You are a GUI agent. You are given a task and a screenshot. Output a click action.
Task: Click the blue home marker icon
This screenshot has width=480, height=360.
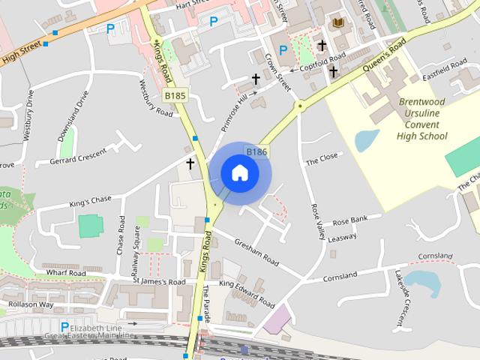click(x=239, y=173)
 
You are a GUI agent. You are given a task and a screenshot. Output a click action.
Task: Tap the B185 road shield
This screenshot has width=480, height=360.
click(x=175, y=96)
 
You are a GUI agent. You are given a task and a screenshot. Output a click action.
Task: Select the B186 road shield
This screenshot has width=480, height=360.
click(x=256, y=152)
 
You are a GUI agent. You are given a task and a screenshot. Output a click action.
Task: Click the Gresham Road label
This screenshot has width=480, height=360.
click(x=256, y=253)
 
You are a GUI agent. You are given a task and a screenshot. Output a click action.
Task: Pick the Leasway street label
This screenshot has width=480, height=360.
click(x=342, y=238)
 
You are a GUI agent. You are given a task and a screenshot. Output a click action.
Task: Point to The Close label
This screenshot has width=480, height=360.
click(x=322, y=159)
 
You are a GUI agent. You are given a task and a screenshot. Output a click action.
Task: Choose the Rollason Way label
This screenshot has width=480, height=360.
click(x=31, y=304)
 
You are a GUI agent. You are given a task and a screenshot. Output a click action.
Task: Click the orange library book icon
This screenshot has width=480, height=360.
click(x=338, y=24)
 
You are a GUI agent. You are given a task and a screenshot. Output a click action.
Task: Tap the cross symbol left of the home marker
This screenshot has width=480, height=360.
click(x=190, y=163)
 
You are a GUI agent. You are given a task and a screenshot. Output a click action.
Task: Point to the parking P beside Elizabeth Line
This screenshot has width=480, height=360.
click(x=64, y=328)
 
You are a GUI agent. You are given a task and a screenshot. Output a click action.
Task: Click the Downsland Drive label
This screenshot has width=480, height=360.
click(x=73, y=117)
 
